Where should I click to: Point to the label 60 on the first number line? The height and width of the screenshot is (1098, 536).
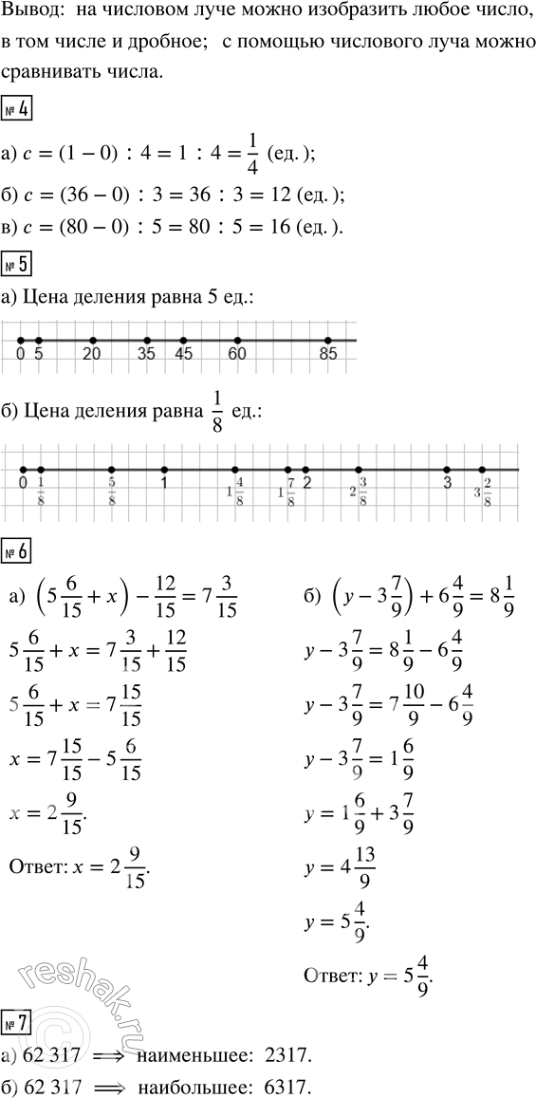[238, 356]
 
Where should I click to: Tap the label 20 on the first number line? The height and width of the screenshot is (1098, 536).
[93, 356]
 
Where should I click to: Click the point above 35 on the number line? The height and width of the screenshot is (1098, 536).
[147, 340]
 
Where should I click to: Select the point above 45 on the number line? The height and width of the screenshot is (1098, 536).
[183, 340]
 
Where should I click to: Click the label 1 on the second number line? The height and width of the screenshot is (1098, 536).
[165, 483]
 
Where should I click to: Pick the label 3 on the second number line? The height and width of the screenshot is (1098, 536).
[447, 483]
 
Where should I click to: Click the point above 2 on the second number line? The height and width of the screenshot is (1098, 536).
[305, 468]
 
